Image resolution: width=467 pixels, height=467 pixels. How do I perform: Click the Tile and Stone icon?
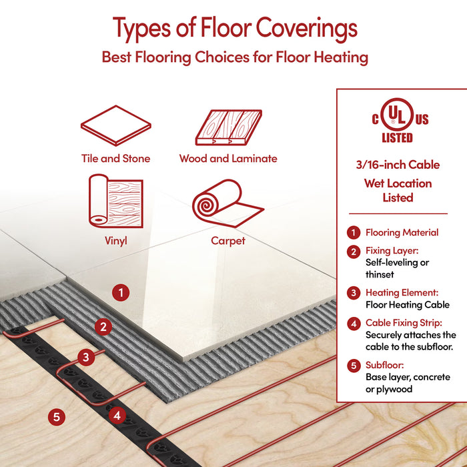tap(116, 125)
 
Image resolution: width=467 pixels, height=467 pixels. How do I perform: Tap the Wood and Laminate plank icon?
tap(229, 127)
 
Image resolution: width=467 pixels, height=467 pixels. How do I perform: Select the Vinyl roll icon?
tap(116, 201)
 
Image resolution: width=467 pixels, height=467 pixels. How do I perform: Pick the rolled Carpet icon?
tap(228, 203)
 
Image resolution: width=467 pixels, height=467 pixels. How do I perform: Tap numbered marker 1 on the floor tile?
tap(121, 293)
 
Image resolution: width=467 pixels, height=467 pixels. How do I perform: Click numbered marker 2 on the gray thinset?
tap(103, 327)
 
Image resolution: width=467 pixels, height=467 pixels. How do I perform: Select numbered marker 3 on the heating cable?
tap(86, 357)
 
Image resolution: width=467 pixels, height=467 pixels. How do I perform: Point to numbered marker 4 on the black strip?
tap(117, 415)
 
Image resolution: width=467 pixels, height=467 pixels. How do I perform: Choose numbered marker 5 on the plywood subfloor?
tap(57, 417)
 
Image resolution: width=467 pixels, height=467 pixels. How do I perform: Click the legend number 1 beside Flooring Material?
tap(354, 232)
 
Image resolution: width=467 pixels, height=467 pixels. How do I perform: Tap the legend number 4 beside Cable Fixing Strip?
tap(354, 324)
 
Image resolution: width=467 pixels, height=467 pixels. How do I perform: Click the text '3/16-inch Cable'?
tap(398, 165)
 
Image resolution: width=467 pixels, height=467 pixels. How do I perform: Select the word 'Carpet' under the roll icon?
tap(228, 241)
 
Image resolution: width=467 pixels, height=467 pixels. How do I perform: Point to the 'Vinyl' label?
tap(116, 241)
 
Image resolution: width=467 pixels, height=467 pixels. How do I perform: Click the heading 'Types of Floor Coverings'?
tap(235, 29)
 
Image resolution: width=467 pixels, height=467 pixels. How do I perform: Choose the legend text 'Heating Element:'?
tap(402, 292)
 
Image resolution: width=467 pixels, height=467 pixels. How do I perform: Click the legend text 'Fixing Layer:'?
tap(392, 251)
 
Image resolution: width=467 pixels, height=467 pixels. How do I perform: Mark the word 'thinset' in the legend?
tap(380, 274)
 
